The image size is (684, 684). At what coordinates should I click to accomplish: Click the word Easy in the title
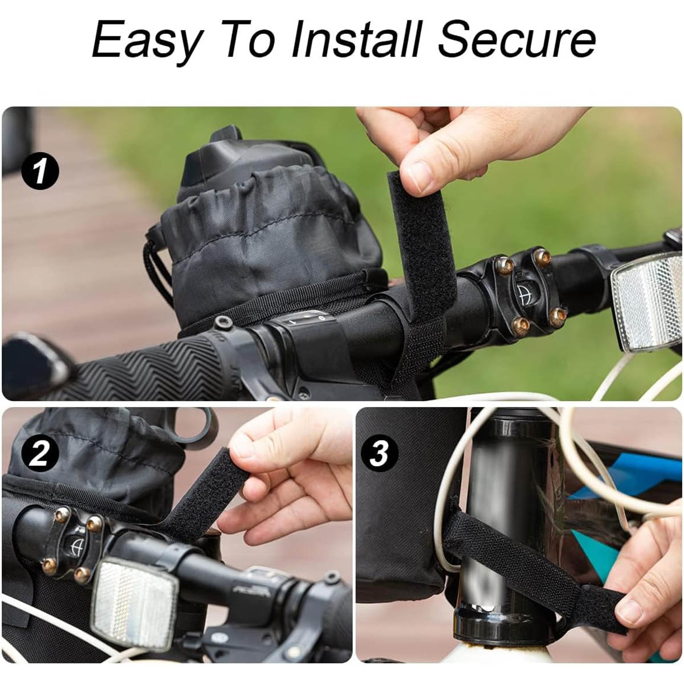point(147,40)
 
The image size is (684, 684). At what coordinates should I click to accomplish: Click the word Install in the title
point(356,40)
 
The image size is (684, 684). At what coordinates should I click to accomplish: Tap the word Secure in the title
point(516,40)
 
